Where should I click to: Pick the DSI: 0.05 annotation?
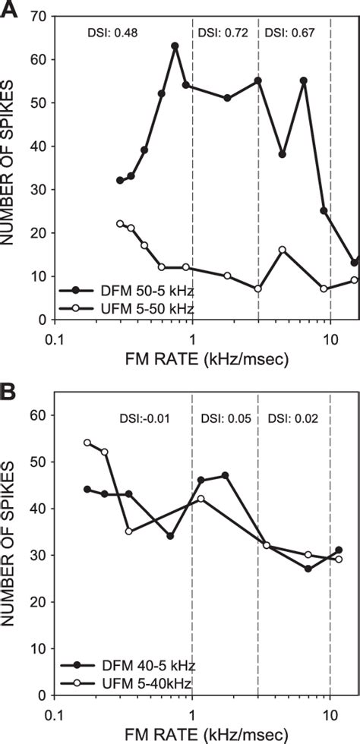click(x=224, y=418)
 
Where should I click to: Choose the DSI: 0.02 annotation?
click(x=291, y=418)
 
